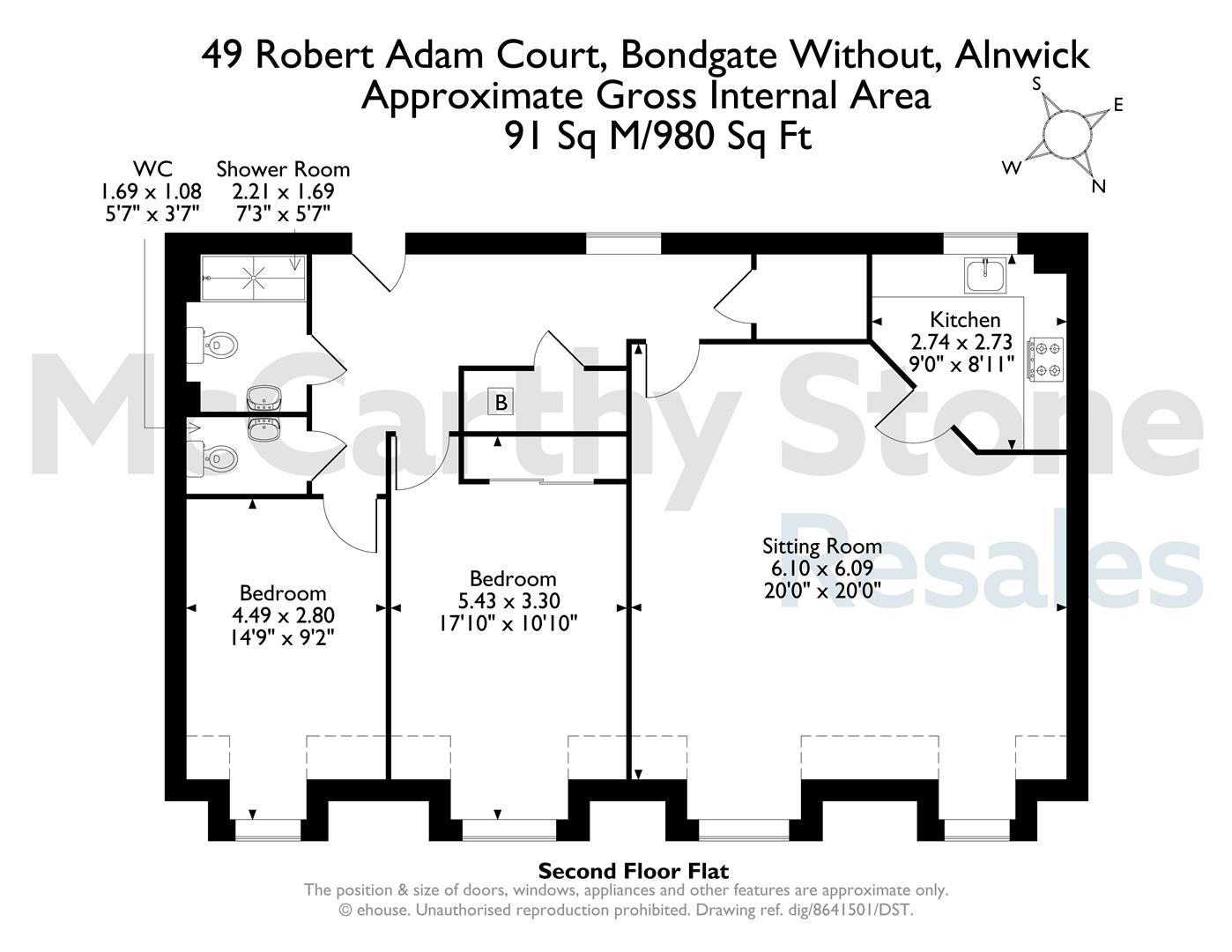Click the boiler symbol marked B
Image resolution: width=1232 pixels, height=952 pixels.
point(501,402)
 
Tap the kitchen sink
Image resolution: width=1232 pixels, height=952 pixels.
point(985,276)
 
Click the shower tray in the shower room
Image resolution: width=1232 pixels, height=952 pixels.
point(253,278)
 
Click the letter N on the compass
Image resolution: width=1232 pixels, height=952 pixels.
point(1098,186)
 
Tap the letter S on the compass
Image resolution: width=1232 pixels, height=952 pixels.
point(1036,84)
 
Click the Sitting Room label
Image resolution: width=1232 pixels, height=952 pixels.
point(821,546)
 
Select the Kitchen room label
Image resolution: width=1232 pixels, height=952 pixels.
point(965,320)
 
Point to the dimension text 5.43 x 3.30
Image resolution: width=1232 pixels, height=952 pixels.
point(508,600)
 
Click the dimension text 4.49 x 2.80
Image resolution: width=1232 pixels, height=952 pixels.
point(283,615)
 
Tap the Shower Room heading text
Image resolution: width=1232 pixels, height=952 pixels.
point(283,169)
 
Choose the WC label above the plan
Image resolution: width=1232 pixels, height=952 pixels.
point(152,169)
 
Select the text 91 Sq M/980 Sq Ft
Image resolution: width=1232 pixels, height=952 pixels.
point(658,136)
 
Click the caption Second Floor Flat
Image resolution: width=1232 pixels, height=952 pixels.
point(634,870)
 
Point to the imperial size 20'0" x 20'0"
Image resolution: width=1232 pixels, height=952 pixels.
point(822,591)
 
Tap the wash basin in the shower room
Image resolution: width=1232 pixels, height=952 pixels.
point(263,398)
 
